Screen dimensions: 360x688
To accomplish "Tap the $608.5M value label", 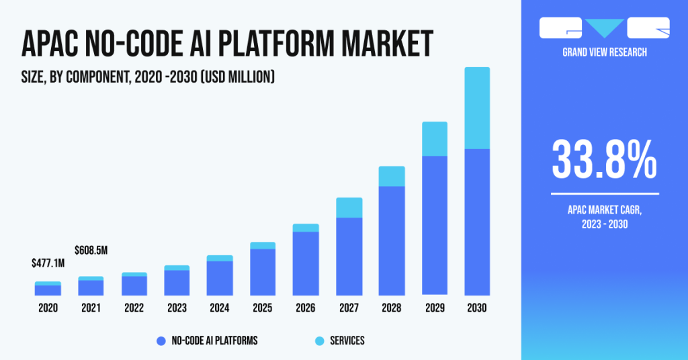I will click(91, 251).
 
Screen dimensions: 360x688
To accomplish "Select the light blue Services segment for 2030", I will click(477, 107).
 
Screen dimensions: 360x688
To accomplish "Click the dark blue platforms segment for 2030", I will click(477, 222).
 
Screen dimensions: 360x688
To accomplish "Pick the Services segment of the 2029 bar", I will click(435, 138).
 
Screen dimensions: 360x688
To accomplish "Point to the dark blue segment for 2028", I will click(392, 240).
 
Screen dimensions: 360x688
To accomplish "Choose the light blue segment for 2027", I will click(349, 208).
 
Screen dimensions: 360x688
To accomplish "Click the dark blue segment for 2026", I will click(306, 263).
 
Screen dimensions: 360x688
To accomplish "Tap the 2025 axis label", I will click(263, 308).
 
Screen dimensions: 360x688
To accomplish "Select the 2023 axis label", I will click(177, 308).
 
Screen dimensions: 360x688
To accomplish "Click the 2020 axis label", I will click(48, 308).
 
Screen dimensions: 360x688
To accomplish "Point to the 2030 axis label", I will click(477, 308).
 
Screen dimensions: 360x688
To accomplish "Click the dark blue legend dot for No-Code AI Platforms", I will click(161, 341).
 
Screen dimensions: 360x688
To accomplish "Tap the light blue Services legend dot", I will click(319, 341).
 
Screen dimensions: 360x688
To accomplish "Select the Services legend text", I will click(347, 341).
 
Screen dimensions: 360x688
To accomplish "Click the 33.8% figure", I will click(604, 159).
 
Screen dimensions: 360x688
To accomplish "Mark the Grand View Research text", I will click(604, 52).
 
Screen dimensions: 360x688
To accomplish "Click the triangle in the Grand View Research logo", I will click(604, 28).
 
